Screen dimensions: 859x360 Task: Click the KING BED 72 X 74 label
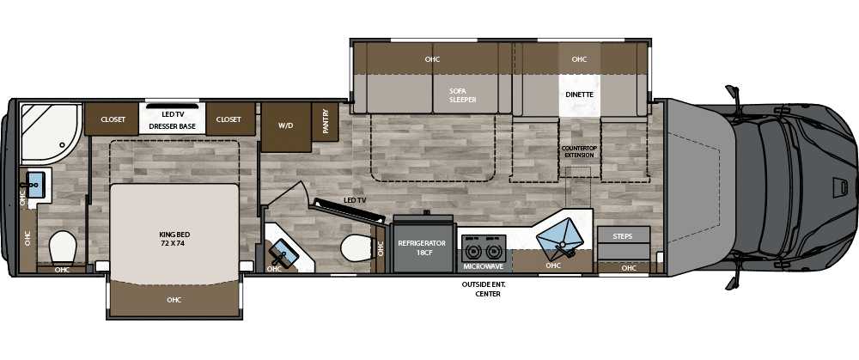click(x=174, y=239)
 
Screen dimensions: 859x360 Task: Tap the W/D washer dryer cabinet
click(x=285, y=126)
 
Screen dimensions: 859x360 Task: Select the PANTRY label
click(x=326, y=122)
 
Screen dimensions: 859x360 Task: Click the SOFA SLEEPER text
click(x=463, y=95)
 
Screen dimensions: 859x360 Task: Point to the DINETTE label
click(x=579, y=95)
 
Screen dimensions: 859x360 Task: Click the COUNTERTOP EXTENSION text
click(x=578, y=151)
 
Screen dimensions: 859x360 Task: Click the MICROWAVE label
click(x=483, y=266)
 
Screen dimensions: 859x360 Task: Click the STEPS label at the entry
click(x=622, y=236)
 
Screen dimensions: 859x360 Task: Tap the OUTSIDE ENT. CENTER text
click(x=484, y=289)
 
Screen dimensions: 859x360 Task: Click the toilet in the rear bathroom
click(x=62, y=247)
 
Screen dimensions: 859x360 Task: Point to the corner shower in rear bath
click(x=49, y=133)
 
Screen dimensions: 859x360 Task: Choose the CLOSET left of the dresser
click(x=112, y=119)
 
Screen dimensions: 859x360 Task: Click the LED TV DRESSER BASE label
click(x=172, y=120)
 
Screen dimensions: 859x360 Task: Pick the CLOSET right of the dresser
click(x=230, y=119)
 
